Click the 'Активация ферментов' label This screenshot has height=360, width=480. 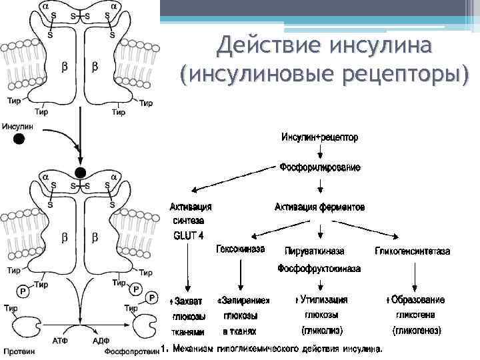pyautogui.click(x=320, y=207)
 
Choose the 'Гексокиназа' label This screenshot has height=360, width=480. pyautogui.click(x=240, y=249)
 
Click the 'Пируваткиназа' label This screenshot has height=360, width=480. pyautogui.click(x=315, y=251)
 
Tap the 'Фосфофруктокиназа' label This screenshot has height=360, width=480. pyautogui.click(x=319, y=269)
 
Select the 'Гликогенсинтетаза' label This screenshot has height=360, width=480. pyautogui.click(x=413, y=251)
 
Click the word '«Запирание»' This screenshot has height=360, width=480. pyautogui.click(x=243, y=301)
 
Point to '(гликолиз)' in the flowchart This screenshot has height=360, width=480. pyautogui.click(x=320, y=330)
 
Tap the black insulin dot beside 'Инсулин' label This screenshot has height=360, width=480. pyautogui.click(x=19, y=139)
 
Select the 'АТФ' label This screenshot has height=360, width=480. pyautogui.click(x=60, y=340)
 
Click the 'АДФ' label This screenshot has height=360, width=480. pyautogui.click(x=101, y=340)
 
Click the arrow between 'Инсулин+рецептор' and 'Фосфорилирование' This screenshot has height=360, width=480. pyautogui.click(x=321, y=152)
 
